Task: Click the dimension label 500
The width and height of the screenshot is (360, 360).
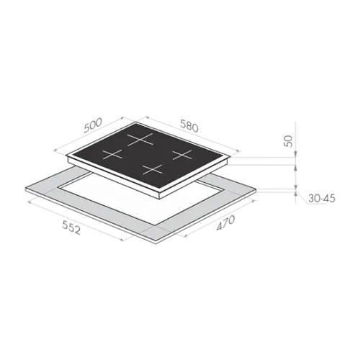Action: point(93,125)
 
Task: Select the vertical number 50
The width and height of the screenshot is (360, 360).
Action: point(288,141)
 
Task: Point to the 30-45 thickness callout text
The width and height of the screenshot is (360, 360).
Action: point(322,199)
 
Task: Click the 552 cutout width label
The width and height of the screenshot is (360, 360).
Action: point(71,228)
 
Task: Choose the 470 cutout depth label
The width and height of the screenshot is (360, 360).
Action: point(225,223)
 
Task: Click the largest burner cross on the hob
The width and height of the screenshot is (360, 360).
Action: point(140,139)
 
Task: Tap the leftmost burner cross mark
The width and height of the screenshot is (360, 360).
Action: point(112,154)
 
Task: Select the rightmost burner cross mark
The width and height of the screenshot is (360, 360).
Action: point(182,155)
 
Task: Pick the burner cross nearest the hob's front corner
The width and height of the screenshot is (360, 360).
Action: point(152,169)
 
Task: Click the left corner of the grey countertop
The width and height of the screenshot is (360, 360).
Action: point(25,188)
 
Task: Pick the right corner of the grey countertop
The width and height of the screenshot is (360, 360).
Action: point(256,189)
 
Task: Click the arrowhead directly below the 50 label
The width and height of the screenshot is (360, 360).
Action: point(296,154)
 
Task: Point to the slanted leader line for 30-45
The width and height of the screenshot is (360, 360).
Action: point(302,197)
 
